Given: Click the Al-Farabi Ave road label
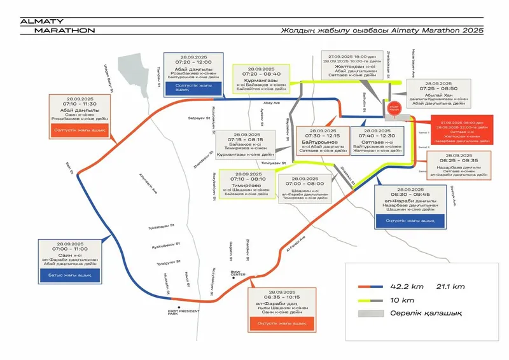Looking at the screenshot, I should coord(297,244).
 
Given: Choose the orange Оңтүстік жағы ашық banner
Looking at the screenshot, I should coord(280,324).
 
